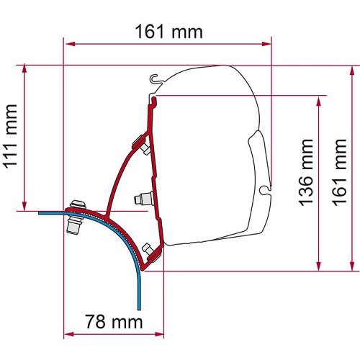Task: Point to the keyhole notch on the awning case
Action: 267,189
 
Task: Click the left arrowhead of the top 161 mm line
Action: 68,44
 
